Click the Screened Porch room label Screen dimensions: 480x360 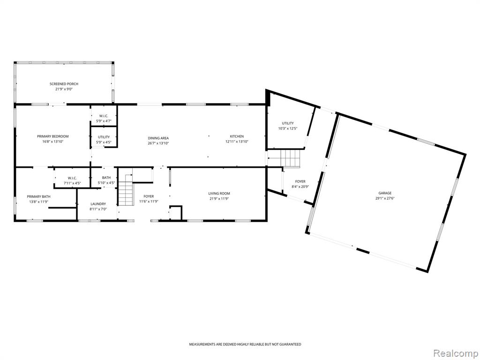point(64,84)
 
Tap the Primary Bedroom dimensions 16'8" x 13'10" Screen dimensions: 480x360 point(52,142)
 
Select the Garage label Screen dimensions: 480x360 point(385,193)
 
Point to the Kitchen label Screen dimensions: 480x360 point(237,136)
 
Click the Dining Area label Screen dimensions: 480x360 point(158,138)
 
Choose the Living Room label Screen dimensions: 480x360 point(219,194)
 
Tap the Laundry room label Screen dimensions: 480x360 point(98,204)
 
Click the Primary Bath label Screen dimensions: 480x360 point(39,196)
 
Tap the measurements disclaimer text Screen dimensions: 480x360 point(245,345)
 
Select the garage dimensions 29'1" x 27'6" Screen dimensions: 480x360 point(385,198)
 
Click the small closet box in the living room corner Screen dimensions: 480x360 point(176,213)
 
